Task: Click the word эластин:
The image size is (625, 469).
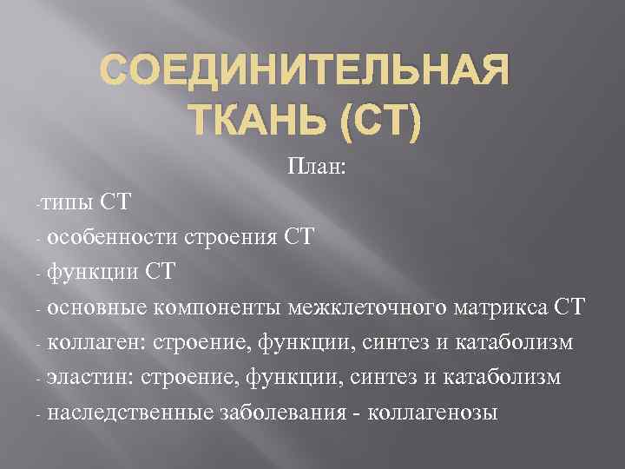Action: coord(86,378)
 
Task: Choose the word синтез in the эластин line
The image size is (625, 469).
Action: coord(394,378)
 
